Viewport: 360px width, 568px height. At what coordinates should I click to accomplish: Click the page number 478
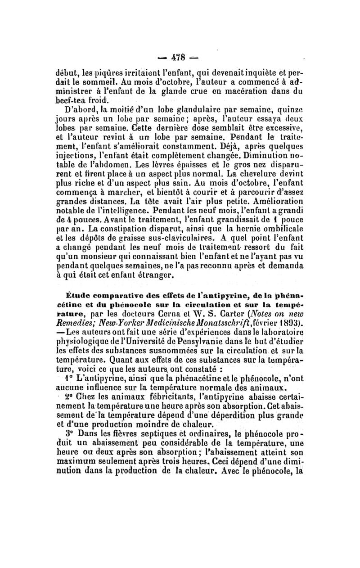[180, 59]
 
